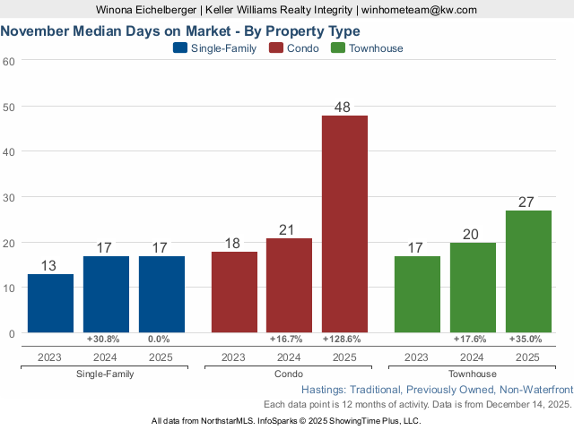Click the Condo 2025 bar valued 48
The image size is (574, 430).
pyautogui.click(x=344, y=224)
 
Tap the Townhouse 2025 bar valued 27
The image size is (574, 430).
pyautogui.click(x=528, y=271)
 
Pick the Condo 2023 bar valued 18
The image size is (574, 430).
pyautogui.click(x=234, y=292)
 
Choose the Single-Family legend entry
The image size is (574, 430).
pyautogui.click(x=214, y=48)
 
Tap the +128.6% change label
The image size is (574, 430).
pyautogui.click(x=344, y=340)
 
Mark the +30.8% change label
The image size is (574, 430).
pyautogui.click(x=106, y=340)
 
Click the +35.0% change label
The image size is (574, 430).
pyautogui.click(x=528, y=340)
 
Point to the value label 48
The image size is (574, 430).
pyautogui.click(x=344, y=107)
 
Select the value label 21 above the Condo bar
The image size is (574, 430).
pyautogui.click(x=289, y=230)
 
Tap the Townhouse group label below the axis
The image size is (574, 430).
pyautogui.click(x=473, y=374)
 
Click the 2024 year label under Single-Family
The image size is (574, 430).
pyautogui.click(x=106, y=357)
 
